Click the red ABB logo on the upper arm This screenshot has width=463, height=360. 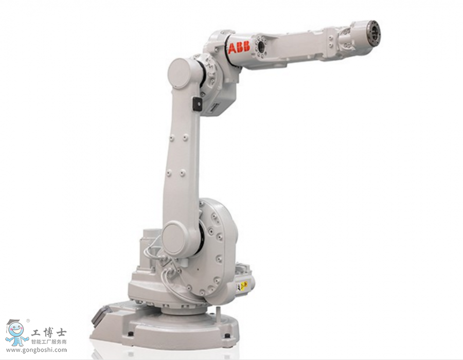tap(239, 49)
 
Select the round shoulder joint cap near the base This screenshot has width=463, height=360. tap(176, 238)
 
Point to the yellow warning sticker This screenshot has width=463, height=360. tap(243, 286)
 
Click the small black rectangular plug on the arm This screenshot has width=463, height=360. tap(196, 104)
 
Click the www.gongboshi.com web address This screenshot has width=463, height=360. tap(36, 350)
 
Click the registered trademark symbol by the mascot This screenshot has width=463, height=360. tap(28, 320)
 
